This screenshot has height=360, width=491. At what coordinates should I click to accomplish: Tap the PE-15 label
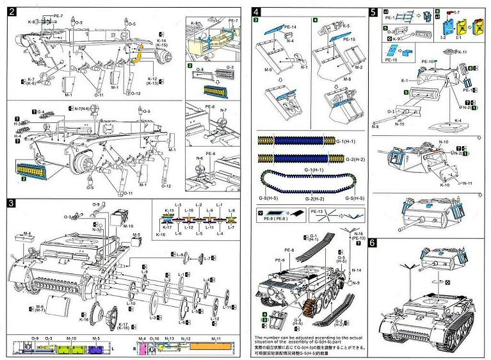(348, 40)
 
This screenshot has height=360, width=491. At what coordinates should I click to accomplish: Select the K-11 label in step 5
(462, 51)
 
